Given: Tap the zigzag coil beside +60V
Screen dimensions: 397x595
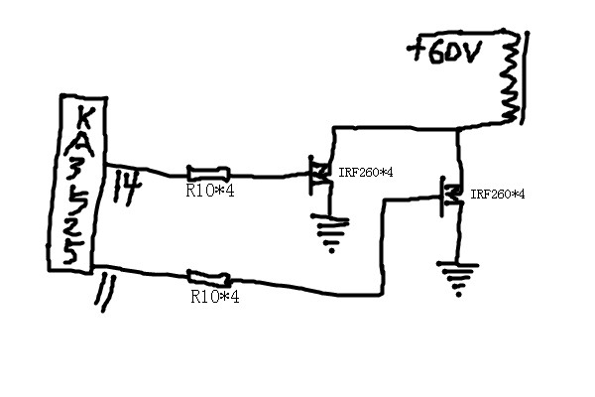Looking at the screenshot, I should tap(512, 79).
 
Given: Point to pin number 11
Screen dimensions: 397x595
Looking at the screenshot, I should tap(104, 294).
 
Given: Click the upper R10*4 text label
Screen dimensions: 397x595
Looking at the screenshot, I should tap(209, 191).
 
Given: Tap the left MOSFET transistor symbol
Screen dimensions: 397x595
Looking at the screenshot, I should tap(319, 176).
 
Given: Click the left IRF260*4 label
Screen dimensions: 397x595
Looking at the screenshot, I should tap(366, 173).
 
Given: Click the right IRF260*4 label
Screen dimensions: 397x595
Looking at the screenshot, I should tap(498, 194).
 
